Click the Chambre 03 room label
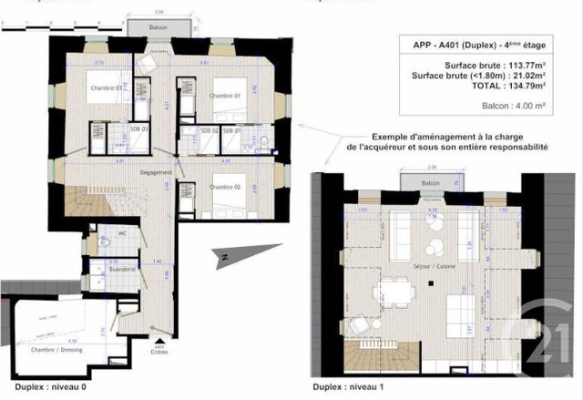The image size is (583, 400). click(106, 88)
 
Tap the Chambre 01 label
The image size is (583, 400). click(224, 95)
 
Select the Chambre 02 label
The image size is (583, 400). click(223, 187)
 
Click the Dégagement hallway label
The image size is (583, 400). click(157, 171)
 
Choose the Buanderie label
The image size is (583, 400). click(123, 270)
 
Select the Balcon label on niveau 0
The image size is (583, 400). click(159, 28)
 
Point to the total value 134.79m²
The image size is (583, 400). click(522, 87)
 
